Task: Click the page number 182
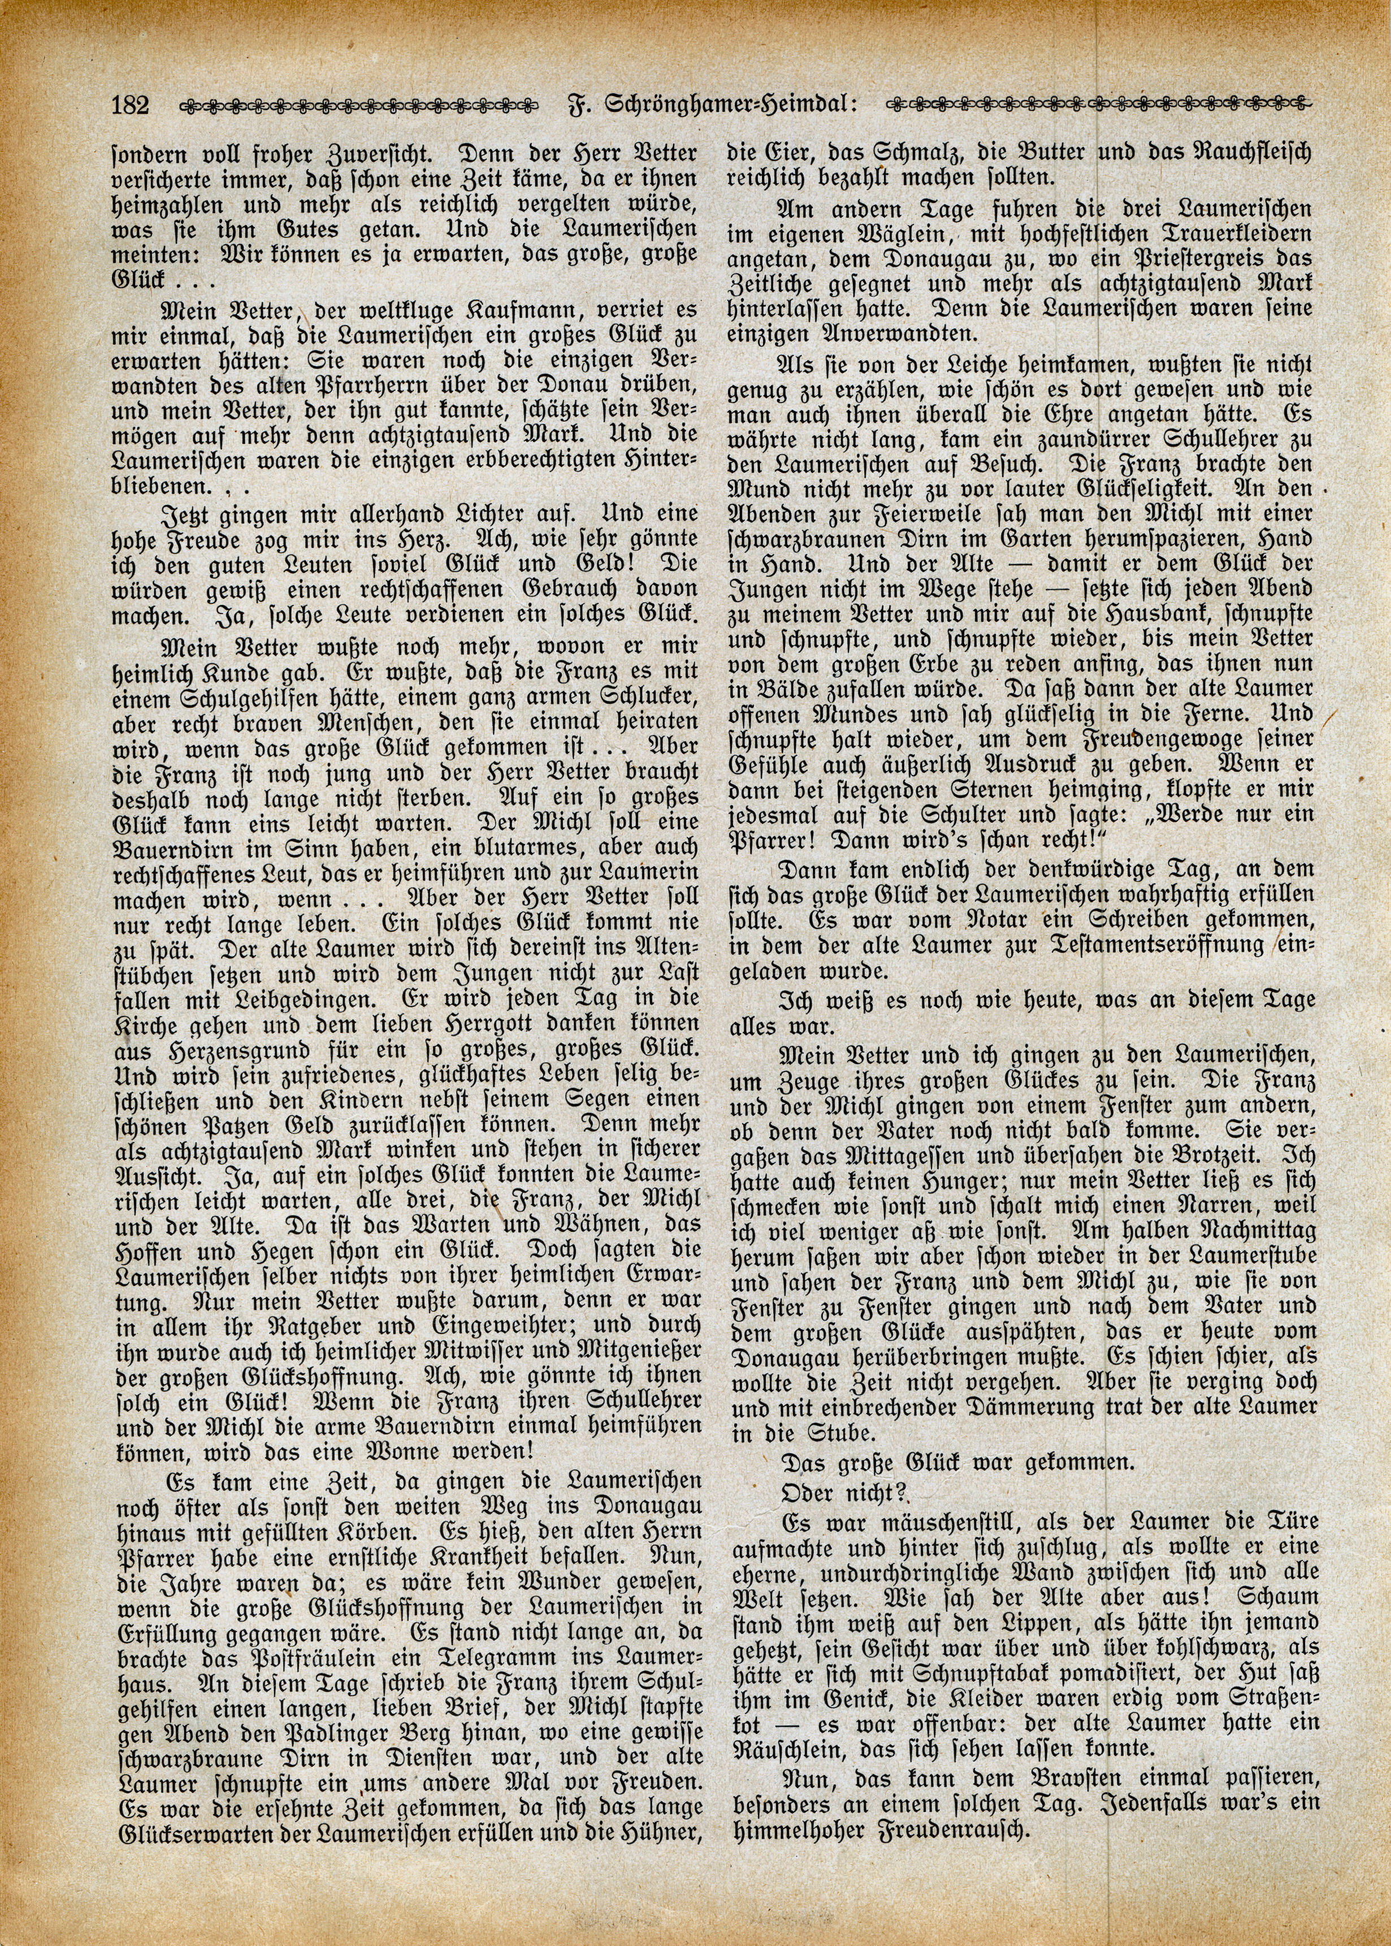point(130,105)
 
